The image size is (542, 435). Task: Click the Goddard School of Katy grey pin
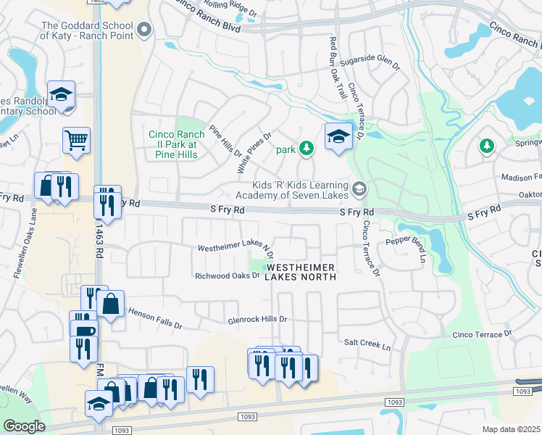point(144,30)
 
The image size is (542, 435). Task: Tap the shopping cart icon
point(76,139)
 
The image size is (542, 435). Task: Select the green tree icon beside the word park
point(307,148)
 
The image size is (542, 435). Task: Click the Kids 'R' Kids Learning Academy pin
point(359,190)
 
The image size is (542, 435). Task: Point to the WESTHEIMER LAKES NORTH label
point(301,272)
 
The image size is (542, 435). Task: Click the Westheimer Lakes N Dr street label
point(235,248)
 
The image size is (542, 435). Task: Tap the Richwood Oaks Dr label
point(227,276)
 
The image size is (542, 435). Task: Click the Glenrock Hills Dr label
point(257,319)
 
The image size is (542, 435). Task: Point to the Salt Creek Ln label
point(367,347)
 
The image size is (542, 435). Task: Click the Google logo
point(24,426)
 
